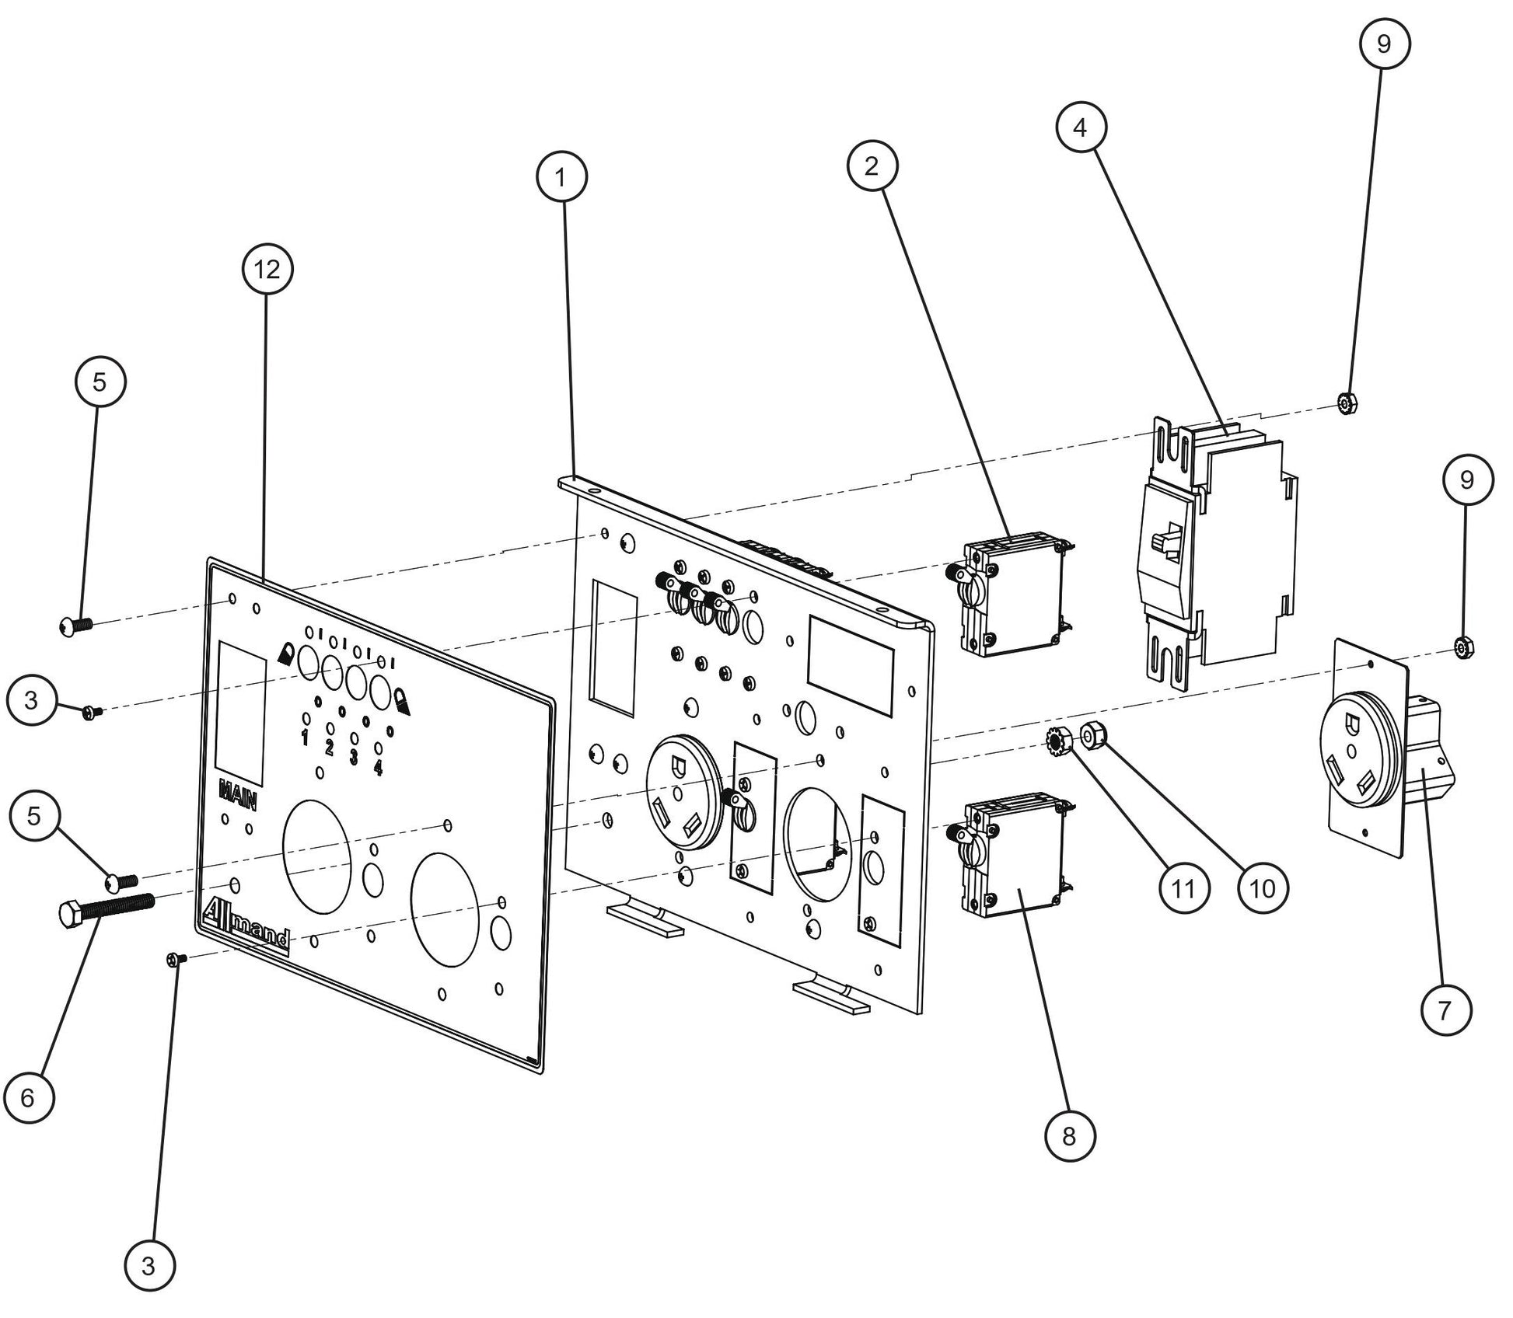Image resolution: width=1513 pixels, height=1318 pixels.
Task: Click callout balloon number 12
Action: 267,270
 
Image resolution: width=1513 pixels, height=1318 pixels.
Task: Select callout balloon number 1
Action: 561,177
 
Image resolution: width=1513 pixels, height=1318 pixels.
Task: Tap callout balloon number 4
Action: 1081,127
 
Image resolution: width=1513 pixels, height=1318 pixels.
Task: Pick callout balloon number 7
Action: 1445,1010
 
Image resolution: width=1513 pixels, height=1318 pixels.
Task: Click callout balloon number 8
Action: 1069,1136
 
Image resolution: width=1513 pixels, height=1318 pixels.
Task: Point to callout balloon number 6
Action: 28,1097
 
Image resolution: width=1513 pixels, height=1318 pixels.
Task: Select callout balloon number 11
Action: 1183,887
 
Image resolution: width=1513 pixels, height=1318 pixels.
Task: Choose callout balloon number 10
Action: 1263,887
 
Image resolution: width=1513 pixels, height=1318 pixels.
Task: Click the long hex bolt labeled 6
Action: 106,908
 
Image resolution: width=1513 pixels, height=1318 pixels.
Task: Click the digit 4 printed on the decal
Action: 378,768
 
